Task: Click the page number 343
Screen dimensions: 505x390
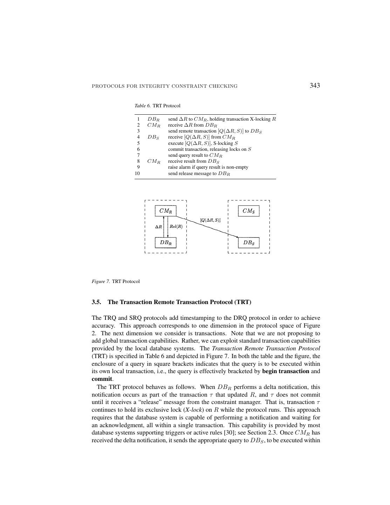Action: (315, 86)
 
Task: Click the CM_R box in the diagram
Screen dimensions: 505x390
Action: (165, 211)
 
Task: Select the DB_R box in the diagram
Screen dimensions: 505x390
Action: (165, 242)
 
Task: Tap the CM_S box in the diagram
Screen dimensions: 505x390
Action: (248, 211)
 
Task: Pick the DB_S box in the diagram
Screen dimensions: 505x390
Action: (248, 242)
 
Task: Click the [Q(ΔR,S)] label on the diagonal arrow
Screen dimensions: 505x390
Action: (210, 220)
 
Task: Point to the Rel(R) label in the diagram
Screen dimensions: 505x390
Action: (176, 227)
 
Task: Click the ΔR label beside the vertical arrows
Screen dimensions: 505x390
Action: (158, 227)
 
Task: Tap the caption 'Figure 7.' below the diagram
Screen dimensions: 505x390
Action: (101, 281)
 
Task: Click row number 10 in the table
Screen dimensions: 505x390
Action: (137, 173)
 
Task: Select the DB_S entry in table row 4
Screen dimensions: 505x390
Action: (153, 137)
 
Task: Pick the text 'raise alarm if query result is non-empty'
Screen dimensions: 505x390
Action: (208, 167)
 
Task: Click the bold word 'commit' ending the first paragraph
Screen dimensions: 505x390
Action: (102, 379)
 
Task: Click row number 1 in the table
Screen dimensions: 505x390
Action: (138, 119)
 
